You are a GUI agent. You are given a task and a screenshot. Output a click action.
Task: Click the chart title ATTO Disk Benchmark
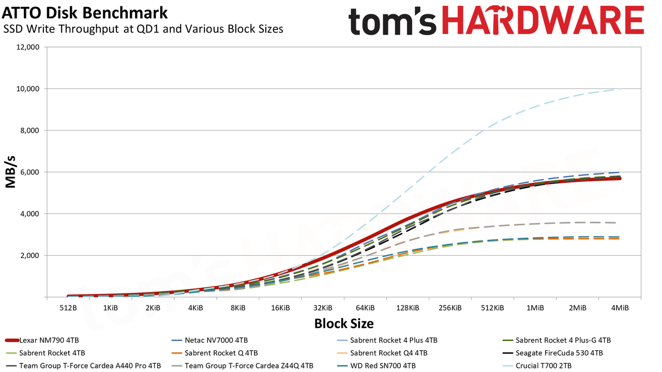point(84,13)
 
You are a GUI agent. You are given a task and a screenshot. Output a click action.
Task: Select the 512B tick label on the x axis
point(68,308)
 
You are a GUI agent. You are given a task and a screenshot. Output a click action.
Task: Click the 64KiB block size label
point(365,308)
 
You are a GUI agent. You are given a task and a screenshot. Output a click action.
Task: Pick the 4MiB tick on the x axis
point(620,308)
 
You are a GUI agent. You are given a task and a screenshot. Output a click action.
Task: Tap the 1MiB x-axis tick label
point(535,308)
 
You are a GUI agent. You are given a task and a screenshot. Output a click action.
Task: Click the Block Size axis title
point(344,323)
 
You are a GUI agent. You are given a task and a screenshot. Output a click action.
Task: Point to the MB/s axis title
point(10,172)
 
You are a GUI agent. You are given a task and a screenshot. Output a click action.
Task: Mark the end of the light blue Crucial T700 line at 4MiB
point(620,89)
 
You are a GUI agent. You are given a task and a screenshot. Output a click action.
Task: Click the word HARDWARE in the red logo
point(543,20)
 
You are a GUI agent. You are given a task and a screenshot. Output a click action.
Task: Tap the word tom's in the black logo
point(393,21)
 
